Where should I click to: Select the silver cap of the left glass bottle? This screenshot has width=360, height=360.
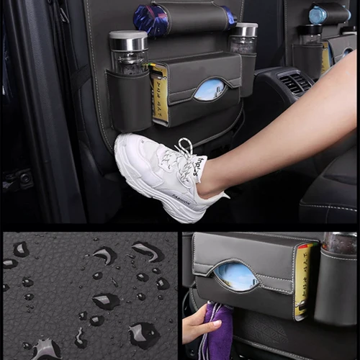tap(128, 40)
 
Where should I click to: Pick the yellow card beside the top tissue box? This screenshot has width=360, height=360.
tap(159, 94)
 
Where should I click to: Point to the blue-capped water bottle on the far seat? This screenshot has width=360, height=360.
tap(318, 14)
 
